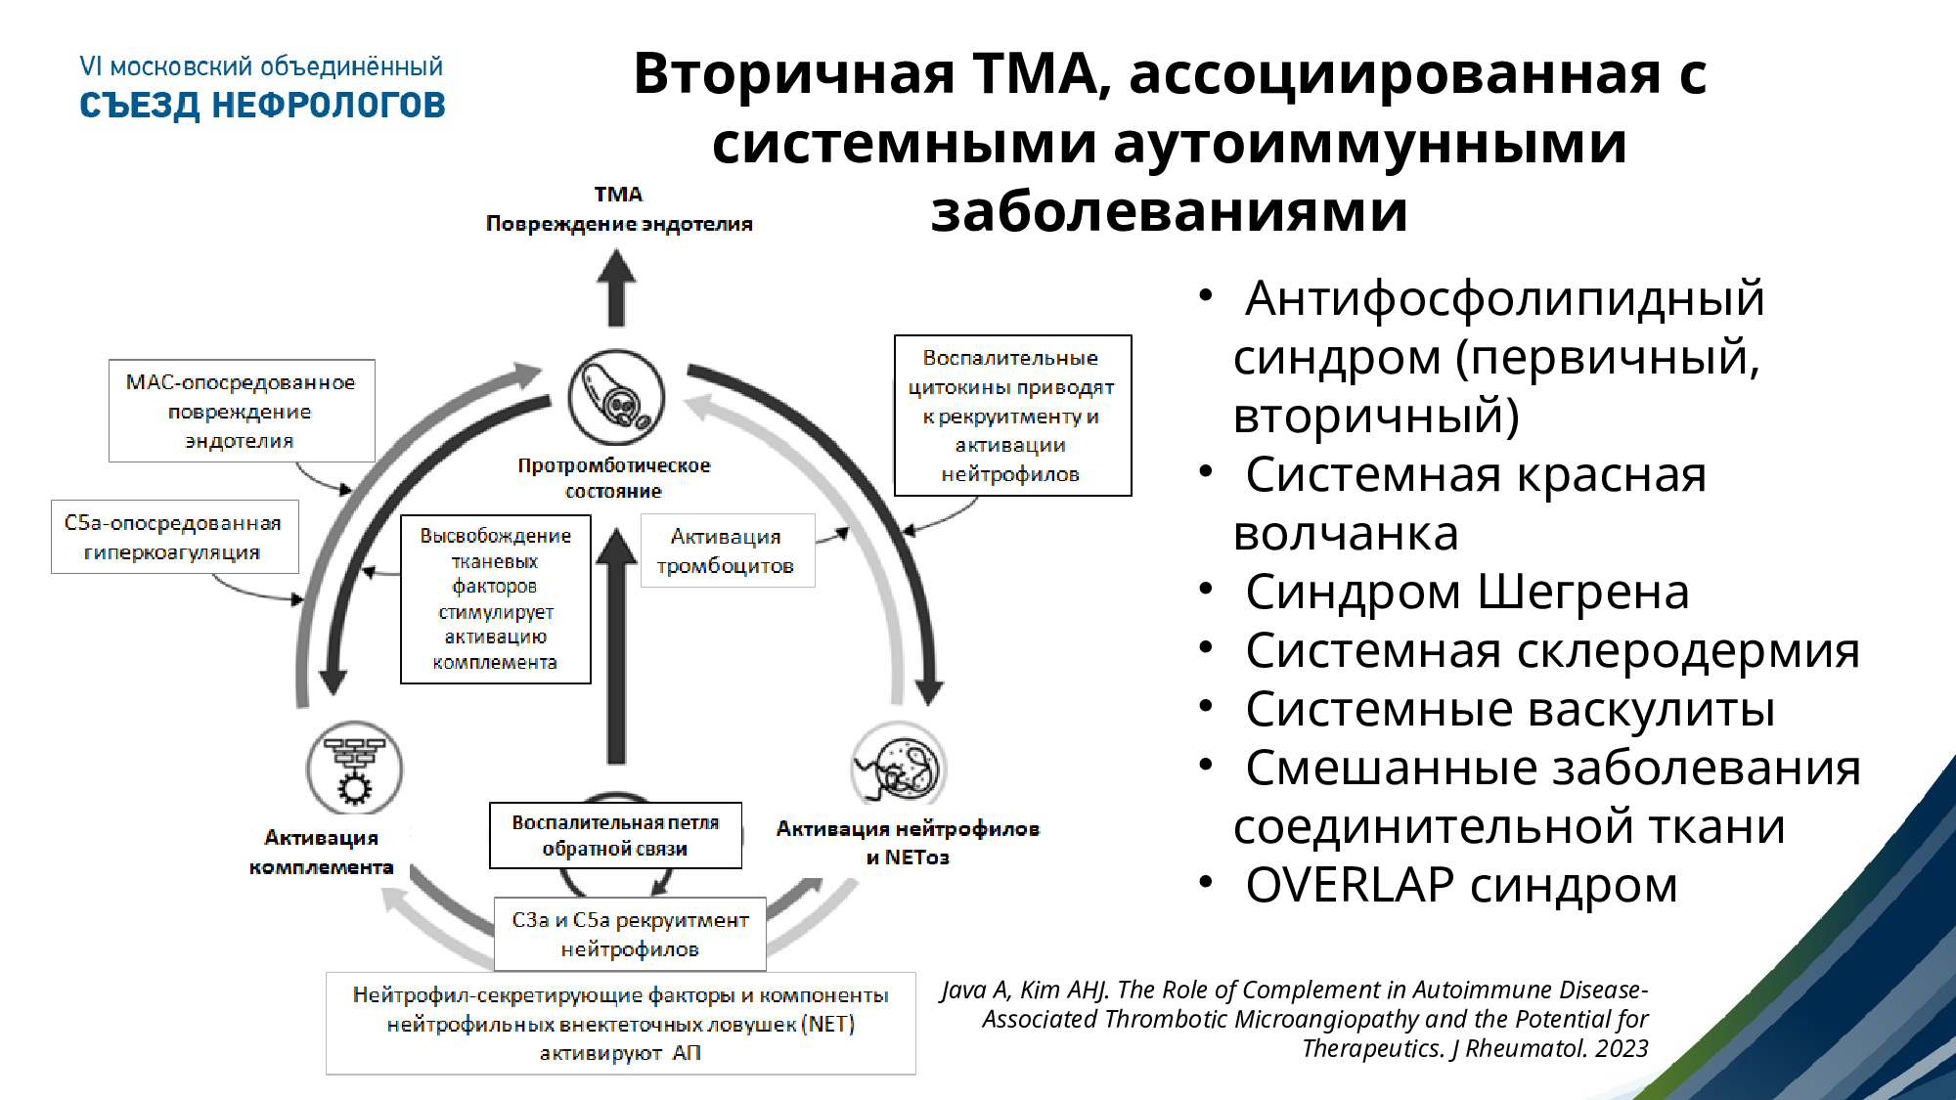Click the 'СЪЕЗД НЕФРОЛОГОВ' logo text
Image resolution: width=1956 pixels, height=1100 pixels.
tap(262, 105)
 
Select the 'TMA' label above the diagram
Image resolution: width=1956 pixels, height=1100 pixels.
tap(618, 195)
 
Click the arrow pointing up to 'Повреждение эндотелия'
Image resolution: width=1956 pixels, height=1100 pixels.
tap(616, 287)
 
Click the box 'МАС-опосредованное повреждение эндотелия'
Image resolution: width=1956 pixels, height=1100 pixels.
tap(241, 411)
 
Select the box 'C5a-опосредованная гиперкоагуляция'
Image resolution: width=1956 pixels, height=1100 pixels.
tap(174, 537)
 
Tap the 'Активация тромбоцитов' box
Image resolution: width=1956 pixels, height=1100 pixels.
tap(727, 550)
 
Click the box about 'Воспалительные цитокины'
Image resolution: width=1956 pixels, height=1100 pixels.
tap(1012, 416)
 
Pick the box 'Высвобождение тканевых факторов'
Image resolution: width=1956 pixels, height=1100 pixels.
tap(495, 598)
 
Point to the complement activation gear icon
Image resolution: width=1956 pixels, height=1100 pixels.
tap(354, 770)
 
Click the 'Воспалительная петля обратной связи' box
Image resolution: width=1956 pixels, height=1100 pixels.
tap(615, 835)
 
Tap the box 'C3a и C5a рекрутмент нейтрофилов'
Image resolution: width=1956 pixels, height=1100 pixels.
tap(630, 934)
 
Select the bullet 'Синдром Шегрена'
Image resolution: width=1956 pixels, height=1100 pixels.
tap(1466, 592)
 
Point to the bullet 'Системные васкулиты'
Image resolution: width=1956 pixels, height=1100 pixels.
tap(1509, 709)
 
